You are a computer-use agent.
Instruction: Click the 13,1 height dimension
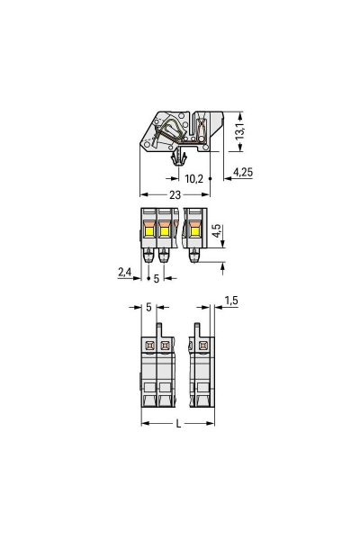click(x=239, y=131)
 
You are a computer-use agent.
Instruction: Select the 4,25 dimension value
click(x=243, y=172)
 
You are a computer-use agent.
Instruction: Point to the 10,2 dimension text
click(x=194, y=179)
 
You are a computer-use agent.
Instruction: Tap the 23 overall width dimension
click(x=175, y=195)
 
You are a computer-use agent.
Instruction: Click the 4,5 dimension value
click(x=216, y=230)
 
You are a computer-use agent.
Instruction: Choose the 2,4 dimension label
click(x=124, y=272)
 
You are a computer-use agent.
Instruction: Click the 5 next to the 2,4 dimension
click(x=157, y=279)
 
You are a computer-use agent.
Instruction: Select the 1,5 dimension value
click(x=231, y=301)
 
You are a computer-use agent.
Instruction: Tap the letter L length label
click(x=178, y=424)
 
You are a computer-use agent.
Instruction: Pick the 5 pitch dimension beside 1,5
click(x=148, y=307)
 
